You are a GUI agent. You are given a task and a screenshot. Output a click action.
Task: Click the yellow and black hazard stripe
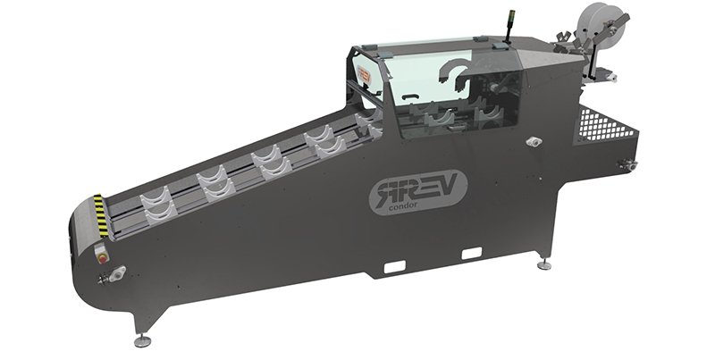tap(101, 216)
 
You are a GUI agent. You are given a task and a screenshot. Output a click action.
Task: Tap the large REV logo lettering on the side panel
tap(416, 188)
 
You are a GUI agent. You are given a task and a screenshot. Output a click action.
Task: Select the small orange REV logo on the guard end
tap(364, 74)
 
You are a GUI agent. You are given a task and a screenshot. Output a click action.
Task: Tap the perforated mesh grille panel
tap(607, 124)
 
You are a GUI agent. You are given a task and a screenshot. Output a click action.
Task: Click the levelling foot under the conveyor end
tap(142, 340)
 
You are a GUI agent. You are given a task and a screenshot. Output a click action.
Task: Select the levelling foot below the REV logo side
tap(543, 265)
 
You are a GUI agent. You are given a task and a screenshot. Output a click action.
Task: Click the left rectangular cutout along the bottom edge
tap(394, 266)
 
